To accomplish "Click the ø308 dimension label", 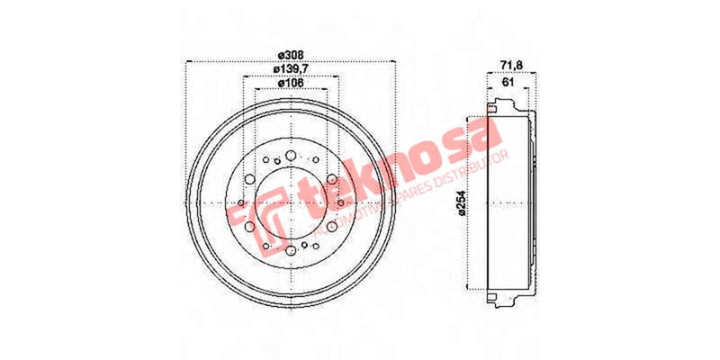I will [x=290, y=53].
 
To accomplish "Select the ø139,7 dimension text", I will [x=290, y=68].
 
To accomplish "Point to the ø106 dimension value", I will [x=290, y=83].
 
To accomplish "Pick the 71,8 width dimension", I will [x=510, y=64].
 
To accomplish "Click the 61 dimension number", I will [x=509, y=82].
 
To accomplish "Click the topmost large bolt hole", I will [x=290, y=157].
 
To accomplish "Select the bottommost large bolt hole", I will [x=290, y=249].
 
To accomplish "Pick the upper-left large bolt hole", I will [x=250, y=180].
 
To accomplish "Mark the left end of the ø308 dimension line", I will [x=184, y=62].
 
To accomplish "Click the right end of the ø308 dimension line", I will [x=395, y=62].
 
